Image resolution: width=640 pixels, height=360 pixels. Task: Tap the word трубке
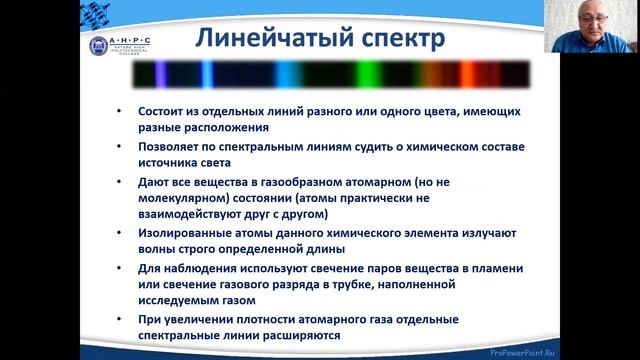pyautogui.click(x=385, y=284)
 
